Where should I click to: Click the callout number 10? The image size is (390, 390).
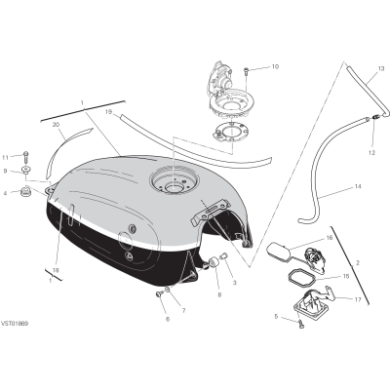tap(275, 66)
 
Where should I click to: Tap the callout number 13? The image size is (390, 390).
tap(381, 69)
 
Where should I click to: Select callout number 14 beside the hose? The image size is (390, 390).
tap(358, 186)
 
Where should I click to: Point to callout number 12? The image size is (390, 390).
tap(371, 152)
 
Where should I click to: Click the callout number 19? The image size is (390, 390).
tap(108, 112)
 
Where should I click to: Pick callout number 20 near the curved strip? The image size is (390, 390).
tap(56, 125)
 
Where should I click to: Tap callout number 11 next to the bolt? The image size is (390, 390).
tap(5, 158)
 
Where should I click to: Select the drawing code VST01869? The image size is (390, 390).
tap(15, 324)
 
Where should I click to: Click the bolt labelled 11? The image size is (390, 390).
tap(25, 158)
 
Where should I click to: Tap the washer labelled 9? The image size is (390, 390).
tap(24, 170)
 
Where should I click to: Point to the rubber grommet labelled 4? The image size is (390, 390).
tap(25, 191)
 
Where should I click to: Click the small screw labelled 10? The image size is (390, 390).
tap(246, 71)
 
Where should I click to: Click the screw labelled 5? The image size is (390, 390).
tap(300, 323)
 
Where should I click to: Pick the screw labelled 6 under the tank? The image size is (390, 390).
tap(159, 293)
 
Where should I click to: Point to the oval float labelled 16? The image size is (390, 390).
tap(276, 251)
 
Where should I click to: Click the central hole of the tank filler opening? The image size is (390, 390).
tap(174, 188)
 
